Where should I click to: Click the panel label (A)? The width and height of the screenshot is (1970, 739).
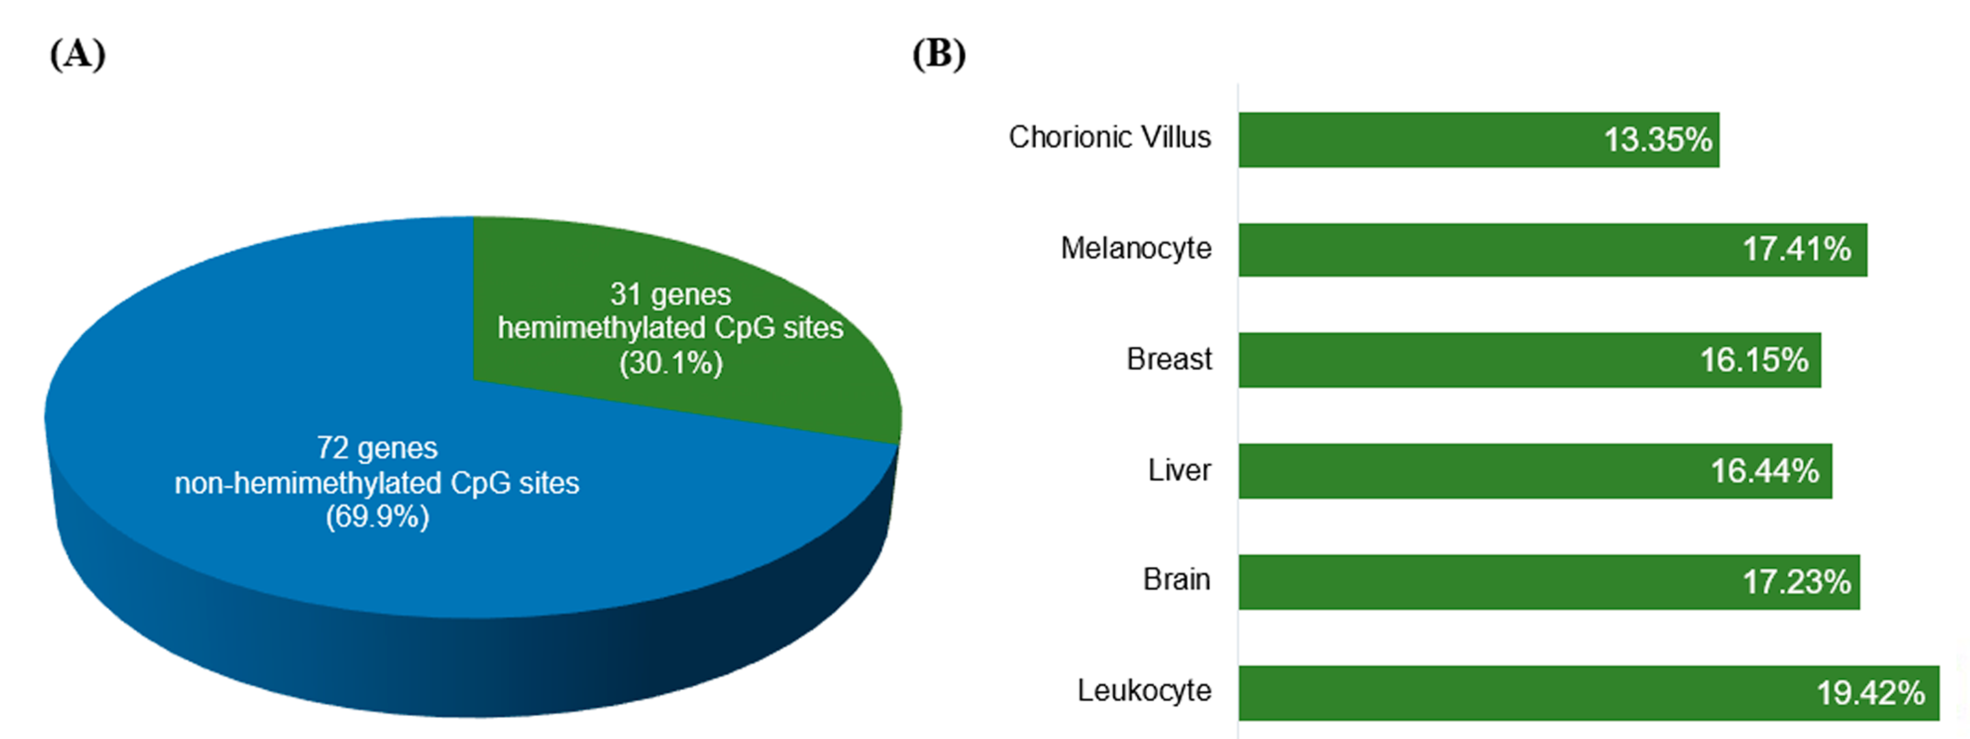coord(77,55)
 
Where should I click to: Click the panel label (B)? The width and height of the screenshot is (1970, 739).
coord(939,55)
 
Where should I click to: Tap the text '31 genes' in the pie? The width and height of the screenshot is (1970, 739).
coord(670,294)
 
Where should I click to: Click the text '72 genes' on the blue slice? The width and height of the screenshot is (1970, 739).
coord(377,448)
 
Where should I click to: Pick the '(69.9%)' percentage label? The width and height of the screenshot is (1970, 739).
coord(377,517)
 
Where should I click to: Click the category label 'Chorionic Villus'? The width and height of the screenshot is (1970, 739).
coord(1110,138)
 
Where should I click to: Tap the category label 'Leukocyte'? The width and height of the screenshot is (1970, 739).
coord(1144,691)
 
